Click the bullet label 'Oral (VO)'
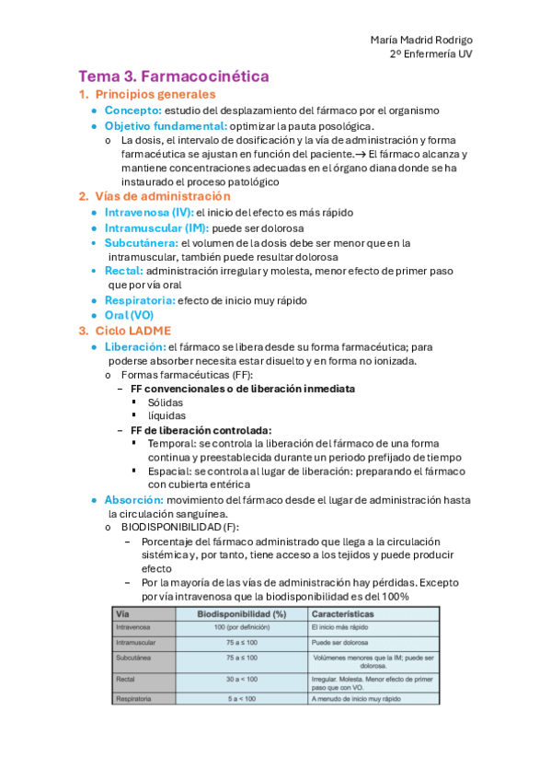pyautogui.click(x=129, y=315)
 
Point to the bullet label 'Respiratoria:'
pyautogui.click(x=139, y=300)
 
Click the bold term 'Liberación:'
pyautogui.click(x=134, y=346)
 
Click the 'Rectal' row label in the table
pyautogui.click(x=125, y=680)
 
